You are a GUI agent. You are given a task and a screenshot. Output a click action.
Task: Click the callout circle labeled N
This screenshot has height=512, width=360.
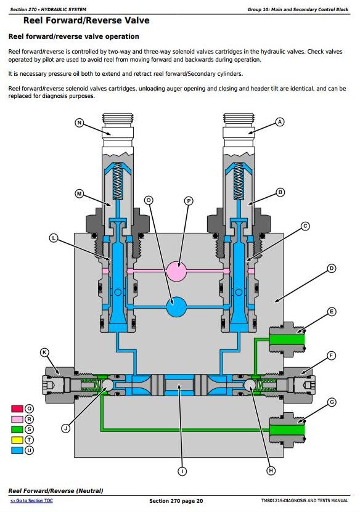click(80, 123)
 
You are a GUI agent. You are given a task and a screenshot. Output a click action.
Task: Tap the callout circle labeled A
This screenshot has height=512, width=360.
click(280, 122)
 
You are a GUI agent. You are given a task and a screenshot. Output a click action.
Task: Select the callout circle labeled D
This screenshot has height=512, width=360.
click(332, 269)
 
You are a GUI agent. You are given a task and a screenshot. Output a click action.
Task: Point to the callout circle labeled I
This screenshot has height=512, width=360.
click(182, 471)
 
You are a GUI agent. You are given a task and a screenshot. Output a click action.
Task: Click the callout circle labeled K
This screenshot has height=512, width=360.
click(44, 352)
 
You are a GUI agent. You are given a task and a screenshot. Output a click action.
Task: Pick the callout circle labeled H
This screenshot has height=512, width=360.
click(271, 471)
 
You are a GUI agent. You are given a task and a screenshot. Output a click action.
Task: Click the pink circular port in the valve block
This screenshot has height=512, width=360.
click(176, 270)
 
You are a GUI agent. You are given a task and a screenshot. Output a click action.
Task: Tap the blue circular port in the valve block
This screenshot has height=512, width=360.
click(176, 307)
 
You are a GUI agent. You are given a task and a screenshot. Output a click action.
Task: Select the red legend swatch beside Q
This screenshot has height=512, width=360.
click(17, 408)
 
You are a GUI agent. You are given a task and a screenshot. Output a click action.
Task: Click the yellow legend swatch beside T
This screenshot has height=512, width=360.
click(17, 440)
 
